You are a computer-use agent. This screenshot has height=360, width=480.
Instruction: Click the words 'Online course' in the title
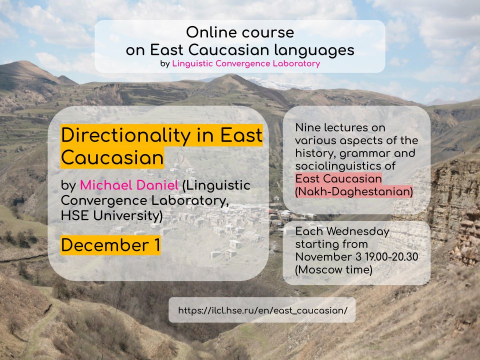[x=239, y=33]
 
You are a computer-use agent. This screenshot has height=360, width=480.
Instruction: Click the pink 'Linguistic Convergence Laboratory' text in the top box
[x=246, y=64]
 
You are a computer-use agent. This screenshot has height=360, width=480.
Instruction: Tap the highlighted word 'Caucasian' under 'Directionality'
[x=112, y=157]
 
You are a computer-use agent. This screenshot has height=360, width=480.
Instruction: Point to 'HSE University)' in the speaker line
[x=111, y=216]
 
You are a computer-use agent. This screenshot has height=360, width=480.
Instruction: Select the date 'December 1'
[x=110, y=245]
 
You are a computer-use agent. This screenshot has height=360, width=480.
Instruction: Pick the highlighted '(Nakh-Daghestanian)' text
[x=354, y=191]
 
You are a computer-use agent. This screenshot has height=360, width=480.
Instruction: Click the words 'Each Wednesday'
[x=342, y=232]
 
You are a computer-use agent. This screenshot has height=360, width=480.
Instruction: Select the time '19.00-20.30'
[x=393, y=257]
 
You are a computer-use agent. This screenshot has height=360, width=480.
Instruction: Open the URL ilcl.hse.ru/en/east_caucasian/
[x=262, y=310]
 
